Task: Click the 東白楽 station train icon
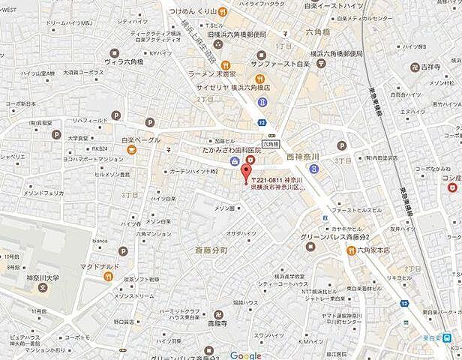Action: [447, 337]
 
